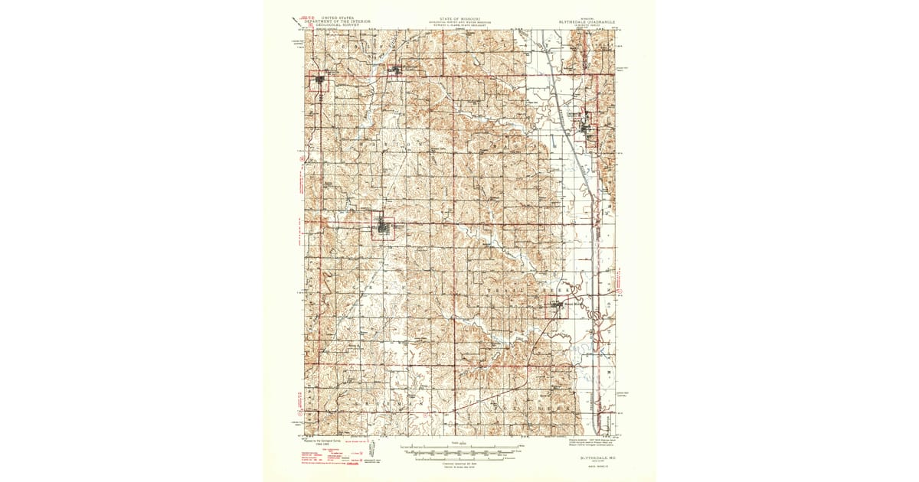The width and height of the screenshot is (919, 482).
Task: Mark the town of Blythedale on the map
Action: click(x=396, y=71)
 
